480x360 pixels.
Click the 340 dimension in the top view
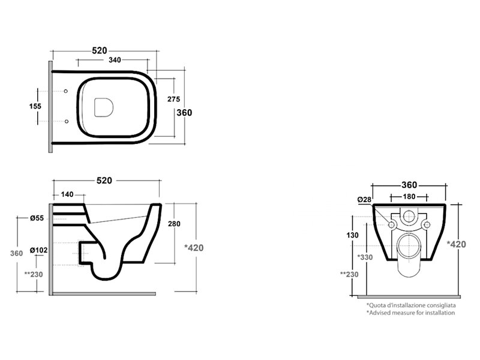(x=115, y=60)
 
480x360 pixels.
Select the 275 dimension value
(x=173, y=99)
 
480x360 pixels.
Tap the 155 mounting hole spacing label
(x=35, y=106)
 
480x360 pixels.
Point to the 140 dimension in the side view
(x=67, y=194)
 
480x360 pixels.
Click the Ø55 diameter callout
(x=37, y=218)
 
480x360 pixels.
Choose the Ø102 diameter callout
(x=39, y=250)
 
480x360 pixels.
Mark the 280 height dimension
(x=174, y=224)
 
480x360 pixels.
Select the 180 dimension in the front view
(x=409, y=197)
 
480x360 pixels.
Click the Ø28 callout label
(x=364, y=200)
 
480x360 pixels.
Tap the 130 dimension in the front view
(x=352, y=235)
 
